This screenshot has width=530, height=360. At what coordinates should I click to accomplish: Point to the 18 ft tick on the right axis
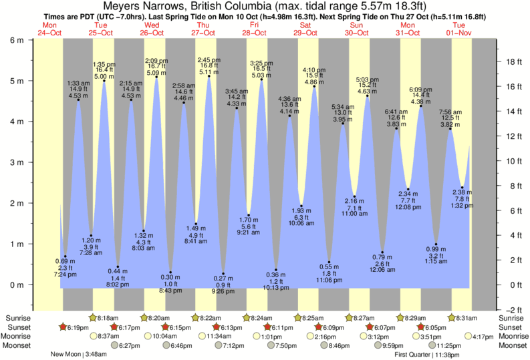pyautogui.click(x=509, y=61)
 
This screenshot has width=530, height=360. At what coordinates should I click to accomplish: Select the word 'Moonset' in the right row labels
pyautogui.click(x=512, y=346)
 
